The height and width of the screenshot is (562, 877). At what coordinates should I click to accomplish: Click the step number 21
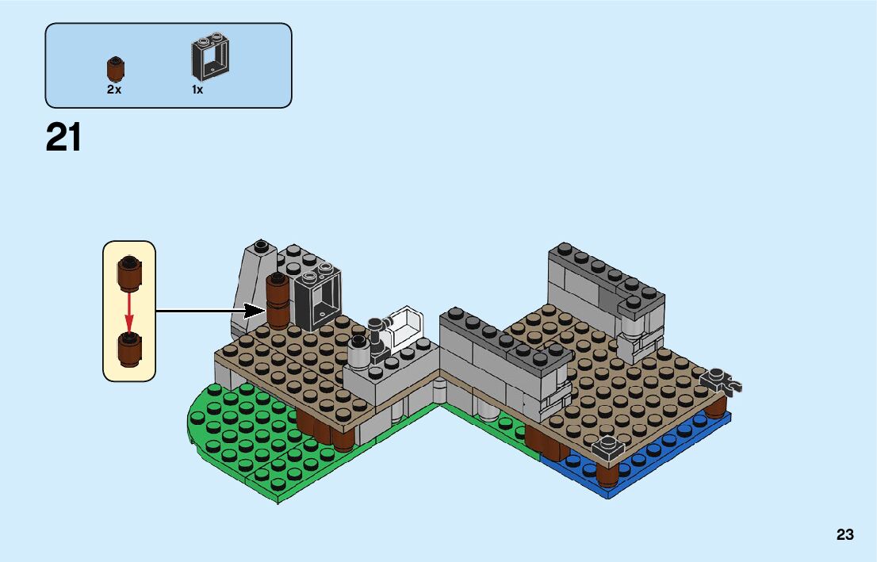(x=63, y=137)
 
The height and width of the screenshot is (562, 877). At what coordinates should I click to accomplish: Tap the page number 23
(x=844, y=535)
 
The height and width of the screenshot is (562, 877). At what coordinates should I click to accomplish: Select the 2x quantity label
(x=114, y=90)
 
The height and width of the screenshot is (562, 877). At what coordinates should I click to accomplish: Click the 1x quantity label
(x=197, y=90)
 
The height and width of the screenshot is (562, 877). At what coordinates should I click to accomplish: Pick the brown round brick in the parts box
(x=116, y=69)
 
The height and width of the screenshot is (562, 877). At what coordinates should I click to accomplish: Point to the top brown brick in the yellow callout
(x=129, y=273)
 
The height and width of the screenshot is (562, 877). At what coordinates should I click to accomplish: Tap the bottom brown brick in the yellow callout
(x=129, y=350)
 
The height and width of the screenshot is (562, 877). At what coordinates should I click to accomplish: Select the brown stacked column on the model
(x=278, y=301)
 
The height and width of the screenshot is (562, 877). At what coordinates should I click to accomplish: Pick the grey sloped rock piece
(x=254, y=289)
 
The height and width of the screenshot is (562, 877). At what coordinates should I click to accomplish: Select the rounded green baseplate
(x=238, y=444)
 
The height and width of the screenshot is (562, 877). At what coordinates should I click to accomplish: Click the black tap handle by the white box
(x=376, y=325)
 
